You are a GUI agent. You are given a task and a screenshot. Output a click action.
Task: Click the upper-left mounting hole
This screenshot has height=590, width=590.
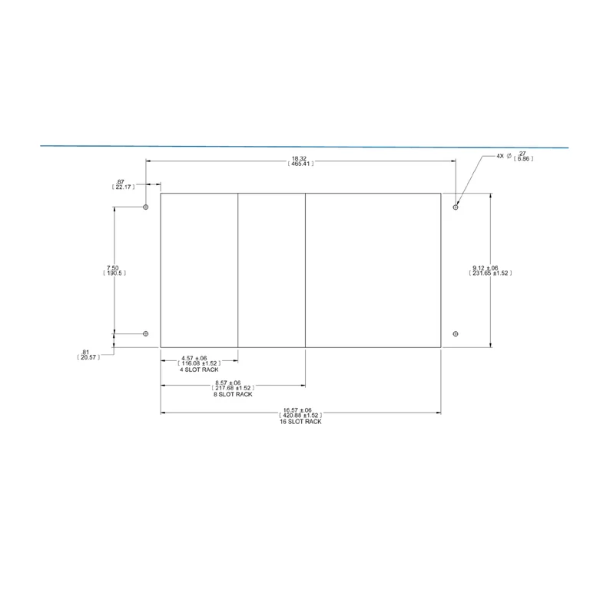146,207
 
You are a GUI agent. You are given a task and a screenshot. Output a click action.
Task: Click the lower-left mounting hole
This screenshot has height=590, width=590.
146,333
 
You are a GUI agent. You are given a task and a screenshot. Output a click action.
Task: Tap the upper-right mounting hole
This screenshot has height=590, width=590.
456,207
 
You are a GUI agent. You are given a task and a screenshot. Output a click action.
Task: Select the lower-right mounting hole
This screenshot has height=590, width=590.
456,333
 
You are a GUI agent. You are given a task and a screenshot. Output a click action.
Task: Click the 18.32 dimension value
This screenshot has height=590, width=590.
299,159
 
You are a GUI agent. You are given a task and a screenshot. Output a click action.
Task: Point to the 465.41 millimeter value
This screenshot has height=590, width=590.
300,164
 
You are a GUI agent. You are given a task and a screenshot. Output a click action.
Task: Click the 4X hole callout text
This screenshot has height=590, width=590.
500,156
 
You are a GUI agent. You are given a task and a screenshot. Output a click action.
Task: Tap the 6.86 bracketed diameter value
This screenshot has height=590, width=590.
523,159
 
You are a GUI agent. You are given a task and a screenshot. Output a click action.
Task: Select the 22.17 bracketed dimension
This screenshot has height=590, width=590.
123,187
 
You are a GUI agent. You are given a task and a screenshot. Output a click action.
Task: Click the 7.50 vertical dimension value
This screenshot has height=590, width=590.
112,268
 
